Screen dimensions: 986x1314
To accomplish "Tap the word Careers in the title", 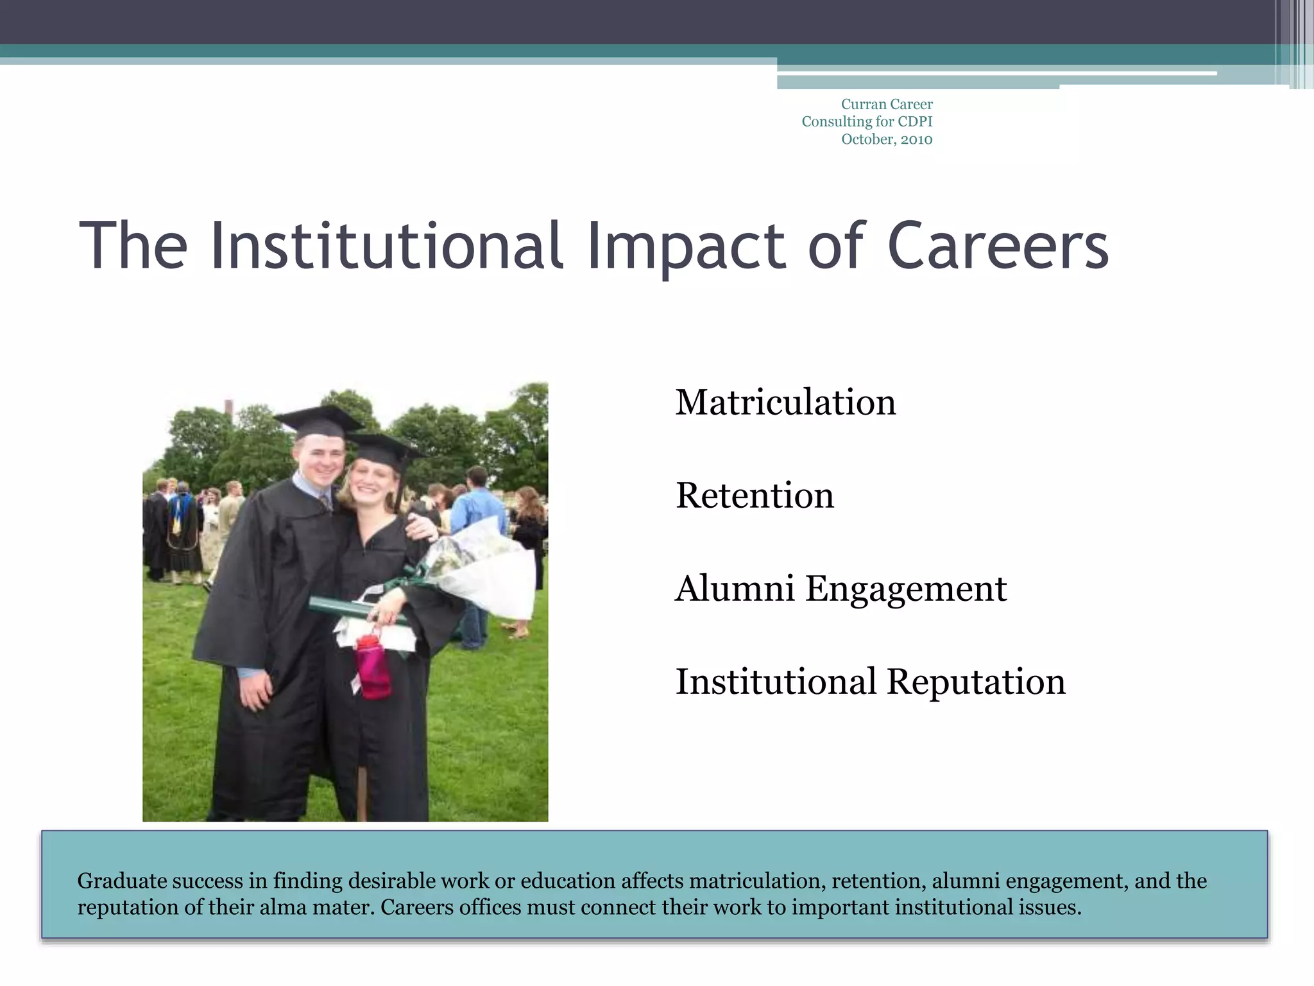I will click(998, 246).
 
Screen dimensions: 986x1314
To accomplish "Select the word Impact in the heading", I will click(685, 246).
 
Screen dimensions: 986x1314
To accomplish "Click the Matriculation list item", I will click(785, 403).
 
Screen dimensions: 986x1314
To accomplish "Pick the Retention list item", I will click(755, 496).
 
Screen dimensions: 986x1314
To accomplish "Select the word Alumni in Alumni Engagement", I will click(735, 589).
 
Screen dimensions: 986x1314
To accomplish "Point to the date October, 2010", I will click(887, 139).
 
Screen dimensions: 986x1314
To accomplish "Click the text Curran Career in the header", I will click(887, 104).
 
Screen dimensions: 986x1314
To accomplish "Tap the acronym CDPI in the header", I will click(914, 121).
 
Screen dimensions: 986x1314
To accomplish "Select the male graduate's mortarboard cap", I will click(319, 421).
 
